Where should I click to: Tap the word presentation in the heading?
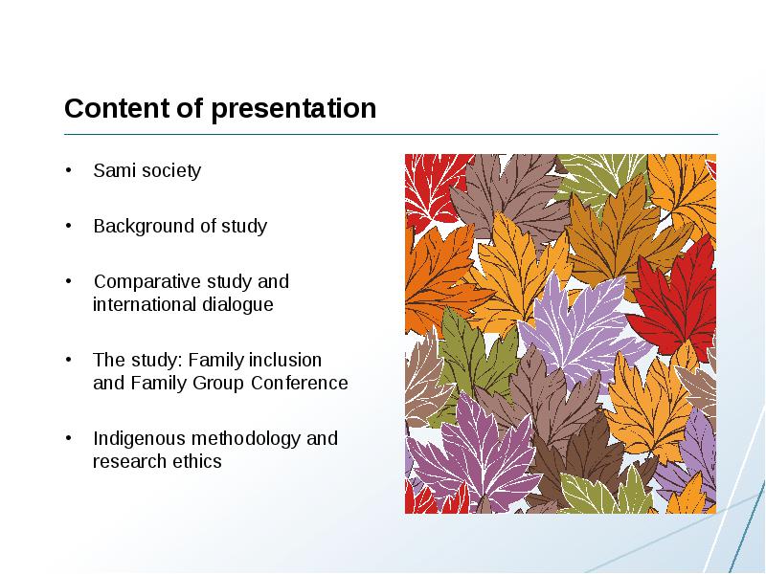click(x=294, y=109)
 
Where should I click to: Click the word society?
click(x=167, y=171)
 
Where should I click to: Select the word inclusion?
click(x=285, y=361)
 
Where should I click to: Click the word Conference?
click(x=299, y=384)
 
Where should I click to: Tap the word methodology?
click(x=246, y=439)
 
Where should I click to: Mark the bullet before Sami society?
click(x=68, y=170)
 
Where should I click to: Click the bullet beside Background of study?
click(x=68, y=226)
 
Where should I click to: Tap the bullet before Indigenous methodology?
click(x=68, y=438)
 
